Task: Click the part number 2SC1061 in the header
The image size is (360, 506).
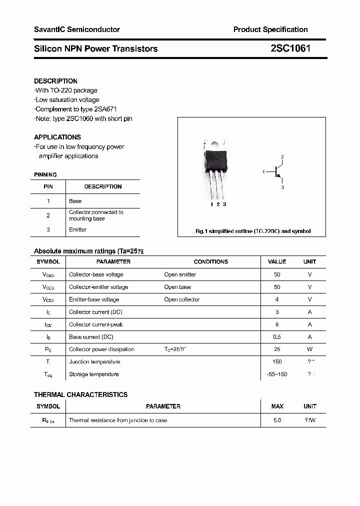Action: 290,48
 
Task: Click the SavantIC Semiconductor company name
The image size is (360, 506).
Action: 77,29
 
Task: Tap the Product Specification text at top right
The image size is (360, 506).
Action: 270,29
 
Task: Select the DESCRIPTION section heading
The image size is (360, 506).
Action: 55,81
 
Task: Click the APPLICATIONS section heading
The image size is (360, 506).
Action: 57,137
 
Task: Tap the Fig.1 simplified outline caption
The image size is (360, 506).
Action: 252,231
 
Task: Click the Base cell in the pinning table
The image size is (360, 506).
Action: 75,201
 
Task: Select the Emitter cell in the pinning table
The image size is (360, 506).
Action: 78,229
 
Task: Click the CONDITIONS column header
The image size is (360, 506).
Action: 210,261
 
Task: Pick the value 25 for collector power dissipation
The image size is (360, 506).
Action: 277,349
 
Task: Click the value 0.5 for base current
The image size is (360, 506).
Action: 277,336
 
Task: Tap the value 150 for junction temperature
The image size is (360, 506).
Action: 277,361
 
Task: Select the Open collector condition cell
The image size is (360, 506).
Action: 182,299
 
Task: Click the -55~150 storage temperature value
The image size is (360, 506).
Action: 277,374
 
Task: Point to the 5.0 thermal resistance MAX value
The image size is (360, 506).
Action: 277,420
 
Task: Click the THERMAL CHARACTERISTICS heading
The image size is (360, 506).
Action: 80,394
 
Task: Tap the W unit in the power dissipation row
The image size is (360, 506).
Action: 309,349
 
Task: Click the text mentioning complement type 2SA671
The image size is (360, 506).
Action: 76,109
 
